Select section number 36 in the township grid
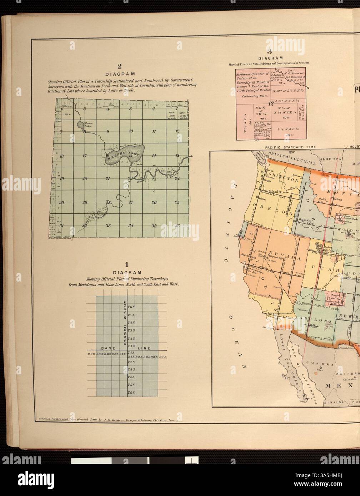click(x=177, y=225)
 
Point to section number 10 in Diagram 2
click(x=131, y=131)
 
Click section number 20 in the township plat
click(x=85, y=179)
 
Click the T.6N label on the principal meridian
click(x=131, y=307)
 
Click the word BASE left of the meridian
click(x=107, y=348)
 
